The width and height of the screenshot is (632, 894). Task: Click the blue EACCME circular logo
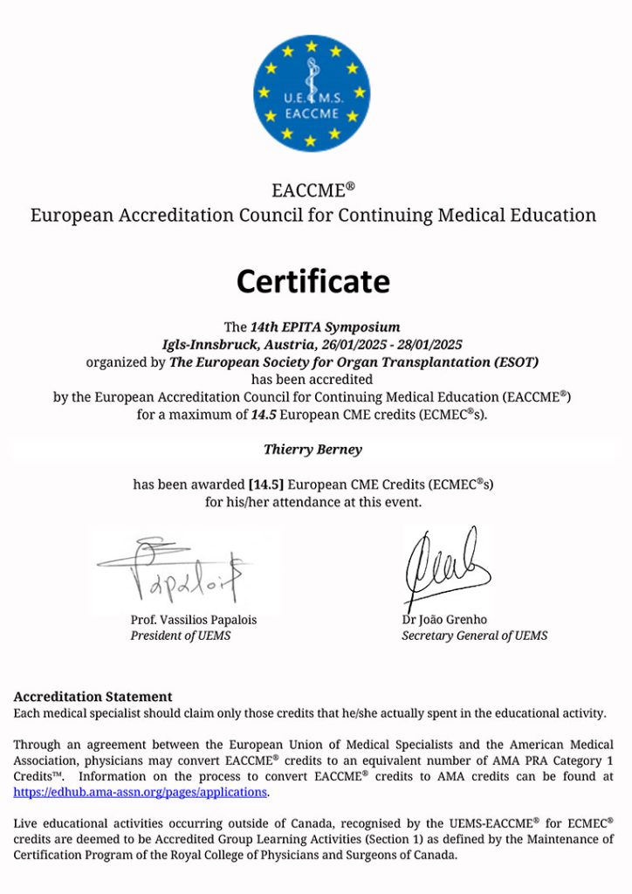coord(312,92)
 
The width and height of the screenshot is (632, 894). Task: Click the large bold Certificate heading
coord(313,281)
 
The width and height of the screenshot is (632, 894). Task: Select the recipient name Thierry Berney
coord(312,449)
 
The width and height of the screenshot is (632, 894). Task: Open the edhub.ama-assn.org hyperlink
coord(141,792)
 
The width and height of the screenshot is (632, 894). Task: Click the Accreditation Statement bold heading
coord(93,697)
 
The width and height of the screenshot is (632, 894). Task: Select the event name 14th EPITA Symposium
coord(326,327)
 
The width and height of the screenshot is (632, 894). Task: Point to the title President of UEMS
coord(181,636)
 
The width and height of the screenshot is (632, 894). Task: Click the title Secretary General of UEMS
coord(474,636)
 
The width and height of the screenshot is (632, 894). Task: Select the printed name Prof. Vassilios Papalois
coord(193,620)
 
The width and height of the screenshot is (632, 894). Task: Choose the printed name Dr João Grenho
coord(444,620)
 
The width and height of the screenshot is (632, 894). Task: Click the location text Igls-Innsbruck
coord(207,344)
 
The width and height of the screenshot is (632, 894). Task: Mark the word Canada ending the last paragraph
coord(434,855)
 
